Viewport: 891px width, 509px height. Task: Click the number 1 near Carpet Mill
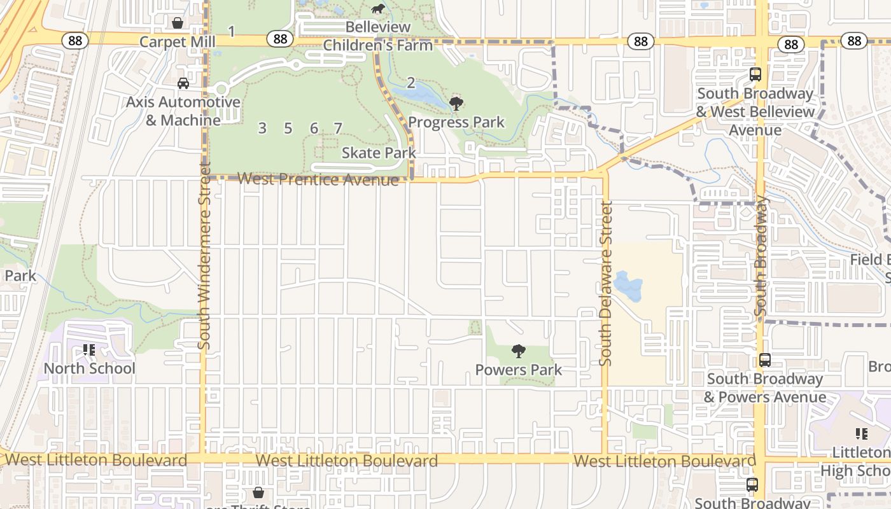232,31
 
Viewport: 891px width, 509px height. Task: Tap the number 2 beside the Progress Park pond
410,83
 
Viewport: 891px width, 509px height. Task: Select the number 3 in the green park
262,128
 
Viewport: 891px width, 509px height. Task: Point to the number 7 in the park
338,128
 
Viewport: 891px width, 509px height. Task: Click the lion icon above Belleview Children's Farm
378,9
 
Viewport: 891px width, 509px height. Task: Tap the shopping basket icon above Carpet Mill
178,23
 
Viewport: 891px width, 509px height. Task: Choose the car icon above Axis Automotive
183,83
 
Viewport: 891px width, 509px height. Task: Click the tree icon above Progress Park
456,103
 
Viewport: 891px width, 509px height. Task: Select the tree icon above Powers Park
519,351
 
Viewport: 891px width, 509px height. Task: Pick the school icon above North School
89,350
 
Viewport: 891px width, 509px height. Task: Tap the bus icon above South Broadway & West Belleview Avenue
755,74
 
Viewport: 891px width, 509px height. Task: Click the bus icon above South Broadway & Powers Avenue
764,360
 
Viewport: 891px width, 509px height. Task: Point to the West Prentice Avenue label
318,179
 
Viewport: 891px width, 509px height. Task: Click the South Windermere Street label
204,254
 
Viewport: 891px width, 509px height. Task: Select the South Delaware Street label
605,283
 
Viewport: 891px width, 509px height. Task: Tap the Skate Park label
379,153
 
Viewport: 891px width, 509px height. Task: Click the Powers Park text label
519,370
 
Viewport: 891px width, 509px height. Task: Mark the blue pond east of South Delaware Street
628,286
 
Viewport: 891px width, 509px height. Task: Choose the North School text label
89,368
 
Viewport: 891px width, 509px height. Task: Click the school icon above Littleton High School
861,434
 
